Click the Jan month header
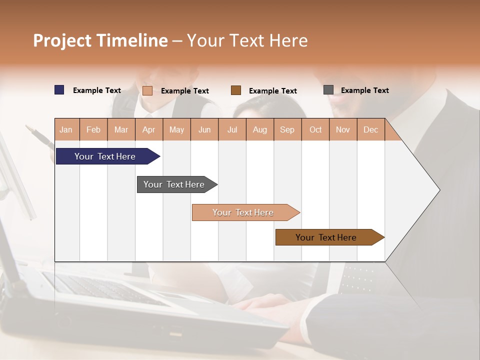[x=66, y=129]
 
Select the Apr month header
[x=148, y=129]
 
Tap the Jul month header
[x=232, y=129]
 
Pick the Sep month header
[x=287, y=129]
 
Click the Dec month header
[x=370, y=129]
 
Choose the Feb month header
[x=93, y=129]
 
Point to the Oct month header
[x=315, y=129]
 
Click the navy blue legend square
[x=59, y=90]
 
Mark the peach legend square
[x=147, y=90]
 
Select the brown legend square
[x=236, y=90]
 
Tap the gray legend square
[x=328, y=90]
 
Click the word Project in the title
[x=62, y=40]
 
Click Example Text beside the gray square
[x=364, y=90]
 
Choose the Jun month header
[x=204, y=129]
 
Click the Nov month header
[x=342, y=129]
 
